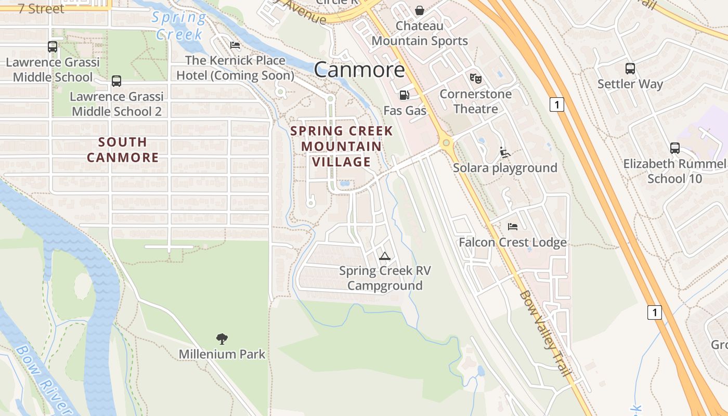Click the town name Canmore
pyautogui.click(x=359, y=70)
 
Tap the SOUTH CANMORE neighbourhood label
pyautogui.click(x=123, y=149)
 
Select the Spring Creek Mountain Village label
pyautogui.click(x=342, y=146)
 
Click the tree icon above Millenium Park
pyautogui.click(x=222, y=339)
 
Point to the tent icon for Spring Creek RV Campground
pyautogui.click(x=384, y=255)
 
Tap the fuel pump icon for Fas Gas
pyautogui.click(x=404, y=95)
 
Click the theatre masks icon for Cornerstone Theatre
pyautogui.click(x=475, y=79)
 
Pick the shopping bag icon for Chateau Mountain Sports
pyautogui.click(x=419, y=10)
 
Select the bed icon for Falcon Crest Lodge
pyautogui.click(x=512, y=227)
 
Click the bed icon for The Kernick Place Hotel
pyautogui.click(x=235, y=45)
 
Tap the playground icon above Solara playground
pyautogui.click(x=504, y=152)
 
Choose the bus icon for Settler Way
pyautogui.click(x=630, y=68)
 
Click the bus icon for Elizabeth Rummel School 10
pyautogui.click(x=674, y=148)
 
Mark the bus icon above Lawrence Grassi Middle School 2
pyautogui.click(x=116, y=81)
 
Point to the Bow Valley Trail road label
pyautogui.click(x=545, y=334)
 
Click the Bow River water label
pyautogui.click(x=44, y=380)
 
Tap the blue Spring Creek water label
pyautogui.click(x=179, y=25)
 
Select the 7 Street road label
pyautogui.click(x=41, y=8)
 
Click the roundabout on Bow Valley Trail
pyautogui.click(x=446, y=142)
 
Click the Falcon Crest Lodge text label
pyautogui.click(x=512, y=242)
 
